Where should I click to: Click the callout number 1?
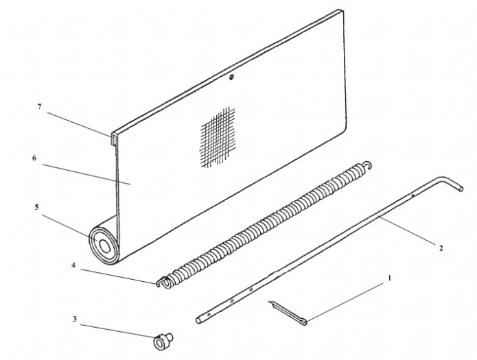389,278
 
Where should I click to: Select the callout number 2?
441,248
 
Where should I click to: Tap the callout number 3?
75,319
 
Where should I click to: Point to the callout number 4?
73,265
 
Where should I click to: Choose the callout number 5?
37,207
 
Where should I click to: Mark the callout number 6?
34,158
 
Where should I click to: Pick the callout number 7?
39,107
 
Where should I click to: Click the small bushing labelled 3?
163,341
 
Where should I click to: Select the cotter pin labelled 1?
288,313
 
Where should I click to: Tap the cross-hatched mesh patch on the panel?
218,137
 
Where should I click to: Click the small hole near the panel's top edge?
232,77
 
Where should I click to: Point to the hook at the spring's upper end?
367,165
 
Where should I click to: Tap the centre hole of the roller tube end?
106,246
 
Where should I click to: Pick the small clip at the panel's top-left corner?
113,139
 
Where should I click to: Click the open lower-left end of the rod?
198,320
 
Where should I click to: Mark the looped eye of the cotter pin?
303,322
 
